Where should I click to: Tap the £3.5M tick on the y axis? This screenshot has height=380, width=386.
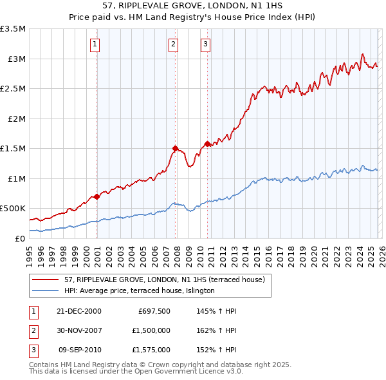click(x=14, y=29)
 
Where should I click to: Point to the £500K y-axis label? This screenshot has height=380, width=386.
click(x=13, y=209)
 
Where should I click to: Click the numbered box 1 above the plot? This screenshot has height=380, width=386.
click(x=95, y=44)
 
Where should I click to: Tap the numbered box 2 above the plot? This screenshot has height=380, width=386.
click(x=173, y=44)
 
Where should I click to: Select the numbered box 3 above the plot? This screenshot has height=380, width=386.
click(x=205, y=44)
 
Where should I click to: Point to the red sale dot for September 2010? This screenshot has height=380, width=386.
click(x=207, y=144)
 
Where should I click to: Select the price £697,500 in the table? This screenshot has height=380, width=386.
click(x=154, y=311)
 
